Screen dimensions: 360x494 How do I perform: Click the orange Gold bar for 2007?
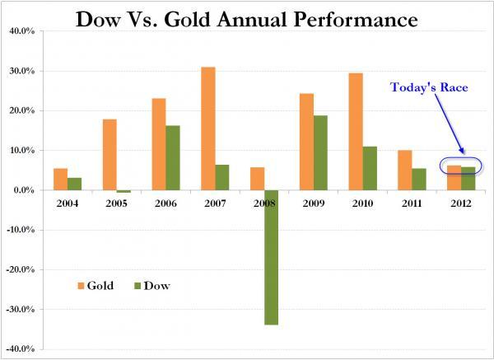point(209,129)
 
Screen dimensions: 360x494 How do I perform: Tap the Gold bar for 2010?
point(356,132)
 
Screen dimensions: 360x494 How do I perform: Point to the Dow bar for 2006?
point(174,157)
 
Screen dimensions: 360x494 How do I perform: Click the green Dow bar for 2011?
point(419,179)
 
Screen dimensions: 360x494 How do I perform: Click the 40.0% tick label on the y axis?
point(19,31)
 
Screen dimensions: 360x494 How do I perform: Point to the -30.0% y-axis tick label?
point(18,309)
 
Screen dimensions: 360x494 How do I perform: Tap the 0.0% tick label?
point(21,190)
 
